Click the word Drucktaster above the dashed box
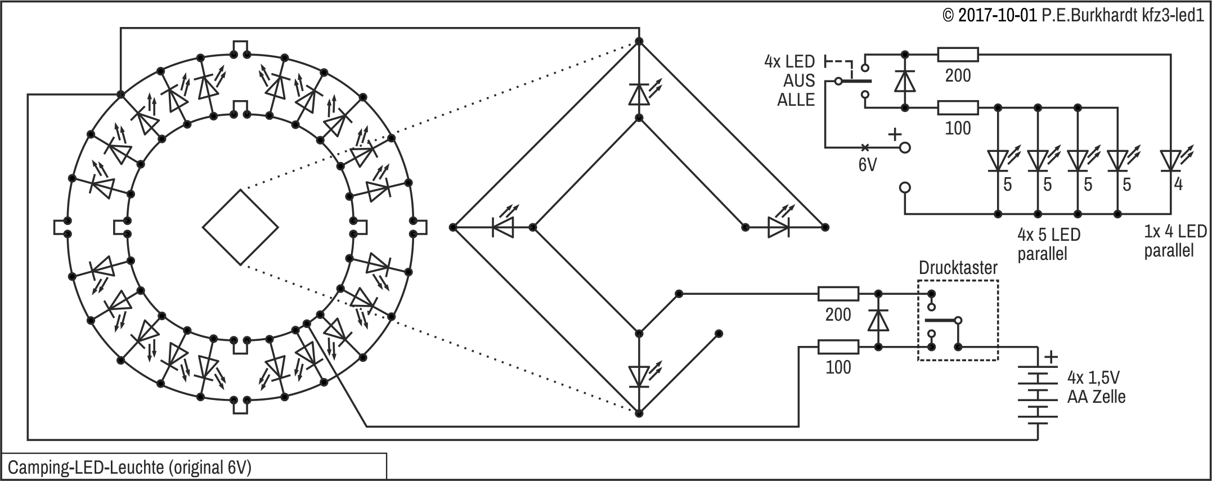pyautogui.click(x=958, y=268)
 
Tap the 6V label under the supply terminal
pyautogui.click(x=867, y=165)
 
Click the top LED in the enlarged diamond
pyautogui.click(x=639, y=94)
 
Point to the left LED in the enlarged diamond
pyautogui.click(x=502, y=227)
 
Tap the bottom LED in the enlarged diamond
pyautogui.click(x=639, y=375)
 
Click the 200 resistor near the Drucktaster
pyautogui.click(x=838, y=294)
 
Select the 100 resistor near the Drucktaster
pyautogui.click(x=838, y=347)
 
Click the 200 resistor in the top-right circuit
pyautogui.click(x=958, y=55)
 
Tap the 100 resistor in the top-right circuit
pyautogui.click(x=958, y=107)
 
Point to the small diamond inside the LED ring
pyautogui.click(x=240, y=227)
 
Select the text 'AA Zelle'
pyautogui.click(x=1096, y=397)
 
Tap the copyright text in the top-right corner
pyautogui.click(x=1074, y=15)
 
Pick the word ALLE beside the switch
pyautogui.click(x=796, y=100)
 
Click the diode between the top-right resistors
pyautogui.click(x=905, y=81)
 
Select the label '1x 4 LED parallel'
pyautogui.click(x=1175, y=240)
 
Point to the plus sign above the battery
pyautogui.click(x=1051, y=357)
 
